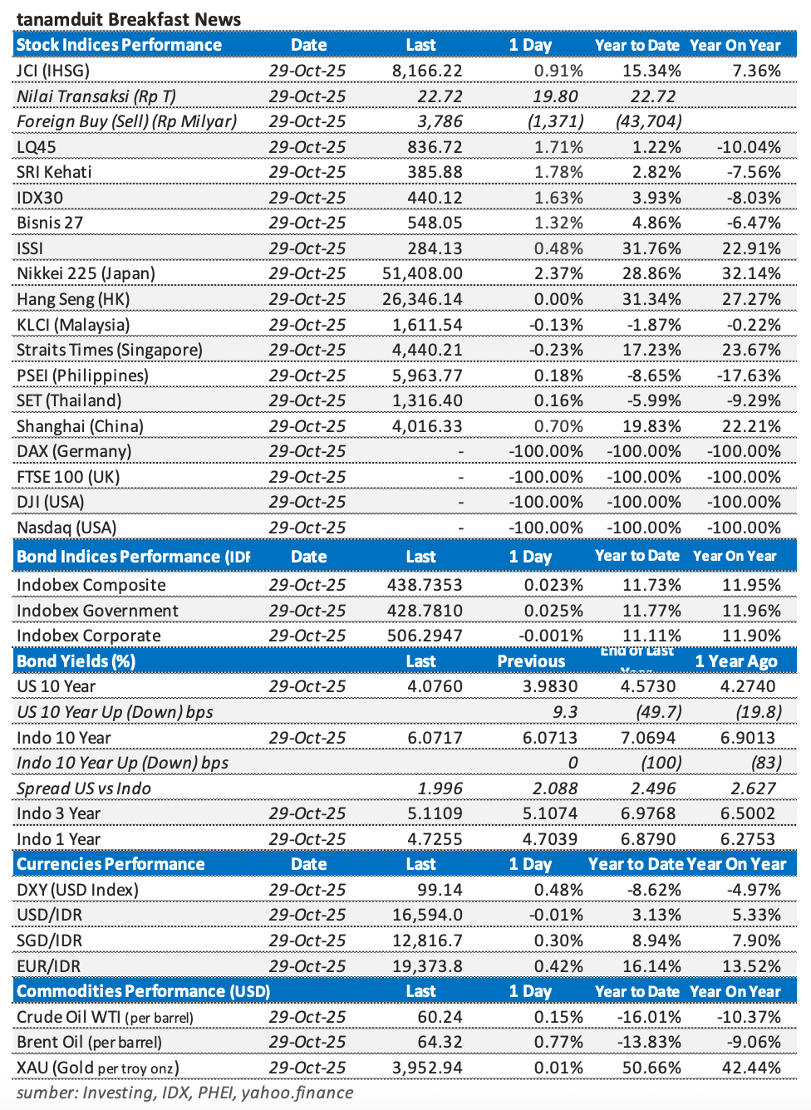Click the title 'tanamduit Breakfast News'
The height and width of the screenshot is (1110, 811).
pos(129,19)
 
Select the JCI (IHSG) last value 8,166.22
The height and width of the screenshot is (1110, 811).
pos(427,71)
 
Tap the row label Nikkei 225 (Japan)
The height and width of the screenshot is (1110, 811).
pos(86,273)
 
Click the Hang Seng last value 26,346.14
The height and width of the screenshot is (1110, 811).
pos(422,299)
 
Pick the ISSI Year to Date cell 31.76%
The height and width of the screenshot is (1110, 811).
pos(651,248)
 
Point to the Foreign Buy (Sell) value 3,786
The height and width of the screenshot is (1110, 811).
pos(440,121)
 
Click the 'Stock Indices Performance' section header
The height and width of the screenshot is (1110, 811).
pos(119,45)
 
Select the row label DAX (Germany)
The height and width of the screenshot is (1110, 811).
pos(74,451)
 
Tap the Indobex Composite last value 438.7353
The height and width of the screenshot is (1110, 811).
pos(425,585)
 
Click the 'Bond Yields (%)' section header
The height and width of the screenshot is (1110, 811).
pos(76,661)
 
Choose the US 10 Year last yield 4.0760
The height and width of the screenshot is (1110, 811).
pos(435,686)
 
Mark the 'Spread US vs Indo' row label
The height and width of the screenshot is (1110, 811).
pos(84,788)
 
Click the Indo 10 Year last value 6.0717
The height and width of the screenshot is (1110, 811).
pos(435,738)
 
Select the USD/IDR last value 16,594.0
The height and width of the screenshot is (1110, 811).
pos(427,915)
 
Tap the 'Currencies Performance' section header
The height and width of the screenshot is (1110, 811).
pos(111,864)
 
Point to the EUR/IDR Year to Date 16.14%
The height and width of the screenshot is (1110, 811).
pos(651,966)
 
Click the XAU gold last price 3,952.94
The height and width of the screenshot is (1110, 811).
pos(427,1068)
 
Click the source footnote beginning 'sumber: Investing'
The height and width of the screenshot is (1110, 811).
pos(184,1093)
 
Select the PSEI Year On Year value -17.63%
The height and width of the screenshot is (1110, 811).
pos(749,376)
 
